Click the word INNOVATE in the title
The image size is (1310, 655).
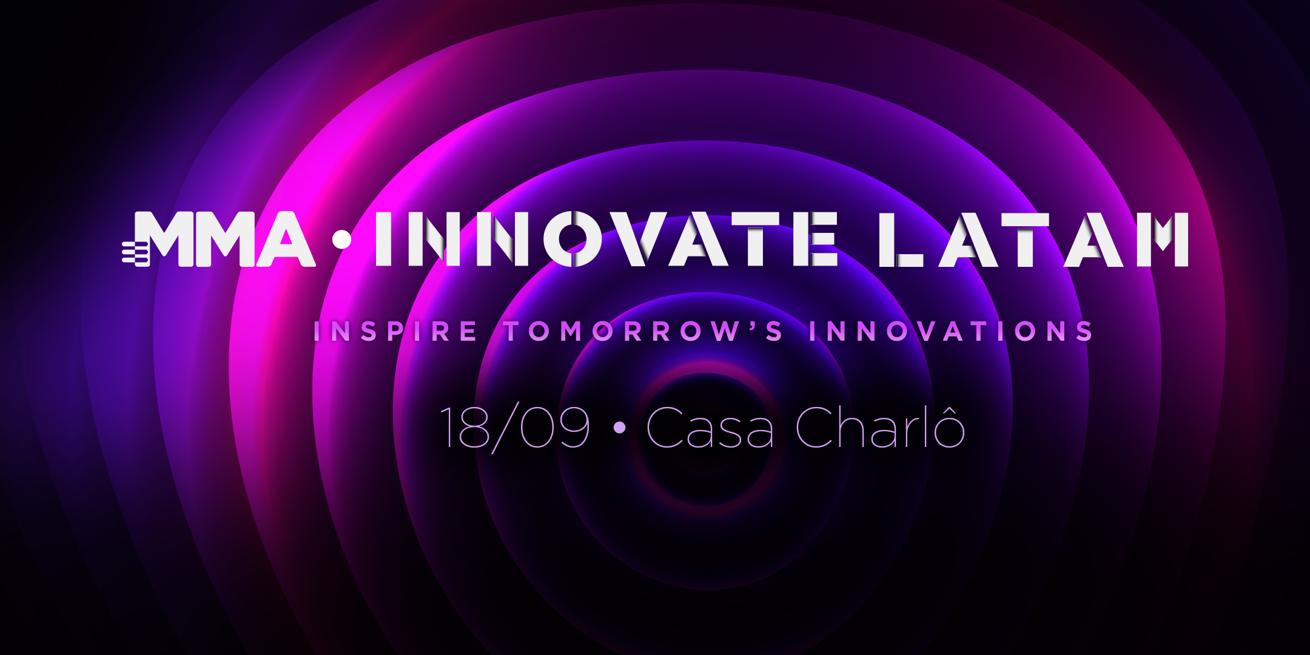point(606,240)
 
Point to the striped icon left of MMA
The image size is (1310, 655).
point(135,253)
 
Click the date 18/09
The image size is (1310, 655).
point(515,428)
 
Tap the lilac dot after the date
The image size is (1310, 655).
point(619,428)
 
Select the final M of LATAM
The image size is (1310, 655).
point(1162,240)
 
